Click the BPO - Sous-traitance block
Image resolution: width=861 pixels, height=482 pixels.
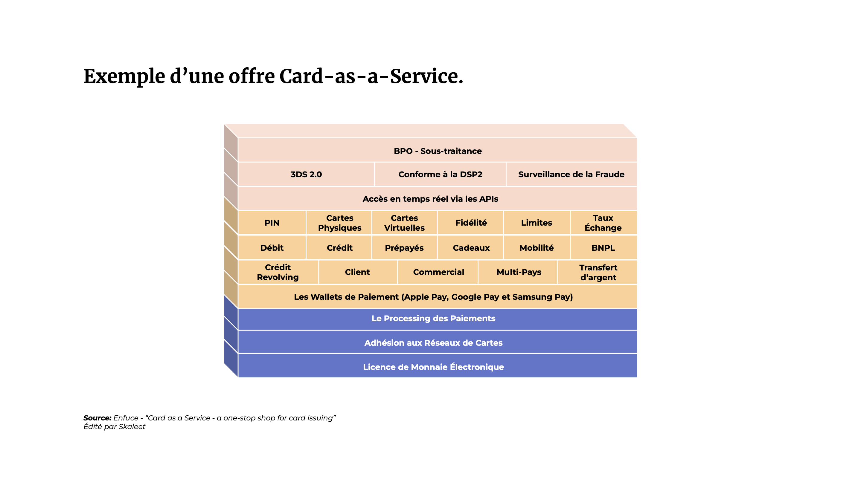pos(437,150)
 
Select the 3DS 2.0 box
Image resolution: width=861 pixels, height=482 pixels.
pos(306,174)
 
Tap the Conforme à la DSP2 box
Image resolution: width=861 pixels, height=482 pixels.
pos(440,174)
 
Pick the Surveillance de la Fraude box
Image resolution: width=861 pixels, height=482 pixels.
pos(572,174)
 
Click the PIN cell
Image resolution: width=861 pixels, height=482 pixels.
pos(272,222)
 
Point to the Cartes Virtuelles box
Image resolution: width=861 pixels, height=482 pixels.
pos(404,222)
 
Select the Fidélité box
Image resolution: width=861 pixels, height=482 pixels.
pos(471,222)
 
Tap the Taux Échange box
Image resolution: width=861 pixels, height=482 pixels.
pos(604,222)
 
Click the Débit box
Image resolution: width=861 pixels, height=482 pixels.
pos(272,247)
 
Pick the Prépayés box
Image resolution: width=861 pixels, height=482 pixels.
pos(404,247)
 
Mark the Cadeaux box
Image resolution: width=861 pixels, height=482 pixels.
pos(471,247)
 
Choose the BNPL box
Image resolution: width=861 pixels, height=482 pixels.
pos(604,247)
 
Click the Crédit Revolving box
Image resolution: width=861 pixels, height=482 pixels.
pos(278,272)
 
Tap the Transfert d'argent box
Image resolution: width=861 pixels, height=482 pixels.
pos(598,272)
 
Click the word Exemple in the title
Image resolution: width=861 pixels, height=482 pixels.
pos(124,77)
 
